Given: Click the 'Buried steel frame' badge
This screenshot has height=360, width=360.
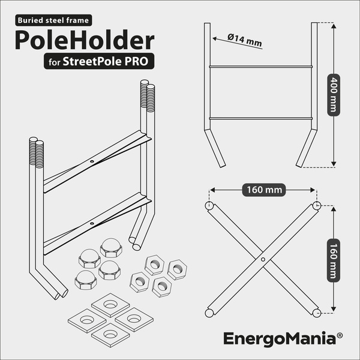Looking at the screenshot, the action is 53,20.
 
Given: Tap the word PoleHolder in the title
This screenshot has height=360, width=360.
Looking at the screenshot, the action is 85,40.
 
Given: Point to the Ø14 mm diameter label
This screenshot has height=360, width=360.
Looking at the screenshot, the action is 245,40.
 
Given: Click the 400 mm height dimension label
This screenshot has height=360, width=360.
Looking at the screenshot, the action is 334,95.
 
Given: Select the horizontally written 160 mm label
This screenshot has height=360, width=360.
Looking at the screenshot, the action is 264,190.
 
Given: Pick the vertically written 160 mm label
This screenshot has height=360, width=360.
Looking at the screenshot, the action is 334,260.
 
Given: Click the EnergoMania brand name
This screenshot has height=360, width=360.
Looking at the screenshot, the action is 280,338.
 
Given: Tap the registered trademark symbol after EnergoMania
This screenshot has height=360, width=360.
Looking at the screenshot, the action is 340,335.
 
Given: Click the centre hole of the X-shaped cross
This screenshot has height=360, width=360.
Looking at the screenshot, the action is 263,259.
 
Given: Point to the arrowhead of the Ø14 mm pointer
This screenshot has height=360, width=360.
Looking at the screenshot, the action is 215,38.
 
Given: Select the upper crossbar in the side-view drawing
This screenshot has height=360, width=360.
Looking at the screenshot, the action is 261,67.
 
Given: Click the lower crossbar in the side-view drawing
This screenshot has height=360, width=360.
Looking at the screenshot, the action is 261,118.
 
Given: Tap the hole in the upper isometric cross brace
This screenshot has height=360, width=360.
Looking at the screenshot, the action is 92,161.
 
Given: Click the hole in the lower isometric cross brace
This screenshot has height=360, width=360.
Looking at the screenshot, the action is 92,223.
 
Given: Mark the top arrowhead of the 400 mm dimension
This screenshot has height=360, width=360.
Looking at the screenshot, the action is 334,25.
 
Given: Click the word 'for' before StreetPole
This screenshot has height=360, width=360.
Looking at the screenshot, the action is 55,62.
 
